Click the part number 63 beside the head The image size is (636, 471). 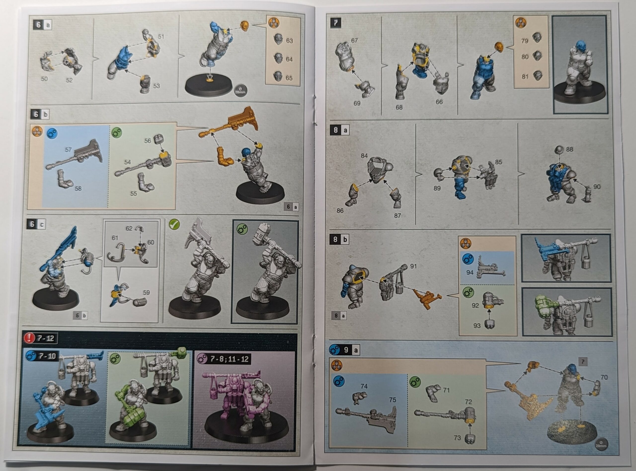pos(289,41)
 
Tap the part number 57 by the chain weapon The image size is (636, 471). pos(68,150)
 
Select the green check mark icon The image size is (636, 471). pos(174,224)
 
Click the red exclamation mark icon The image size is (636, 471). pos(29,338)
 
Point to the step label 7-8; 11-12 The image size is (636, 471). pos(229,359)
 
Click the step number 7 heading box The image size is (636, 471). pos(336,23)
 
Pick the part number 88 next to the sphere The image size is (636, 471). pos(569,149)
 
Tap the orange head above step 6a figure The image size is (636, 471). pos(244,26)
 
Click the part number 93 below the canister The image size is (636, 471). pos(477,325)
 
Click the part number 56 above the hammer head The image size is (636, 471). pos(148,141)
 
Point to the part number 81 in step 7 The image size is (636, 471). pos(525,77)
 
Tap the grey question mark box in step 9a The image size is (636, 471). pos(583,362)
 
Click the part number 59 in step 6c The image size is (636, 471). pos(146,292)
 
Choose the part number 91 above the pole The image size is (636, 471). pos(413,266)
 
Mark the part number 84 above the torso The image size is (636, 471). pos(364,156)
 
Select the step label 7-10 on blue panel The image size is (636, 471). pos(47,356)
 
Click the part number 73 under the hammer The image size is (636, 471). pos(457,438)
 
